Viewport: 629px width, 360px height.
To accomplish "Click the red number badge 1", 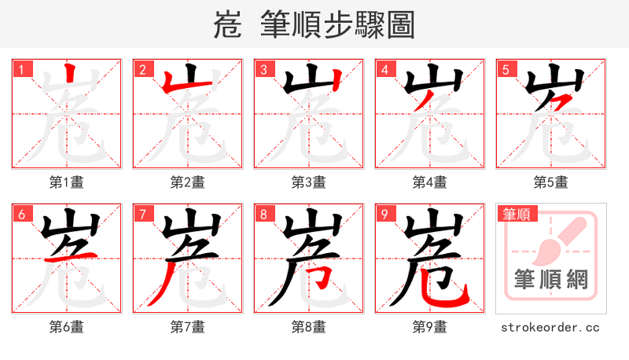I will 21,70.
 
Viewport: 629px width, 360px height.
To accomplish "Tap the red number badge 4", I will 384,70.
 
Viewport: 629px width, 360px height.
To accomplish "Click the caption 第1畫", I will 67,182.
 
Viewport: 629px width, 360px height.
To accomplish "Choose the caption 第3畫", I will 309,182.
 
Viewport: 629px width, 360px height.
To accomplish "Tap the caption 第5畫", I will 551,182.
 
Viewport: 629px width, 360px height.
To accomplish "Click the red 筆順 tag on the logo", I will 516,214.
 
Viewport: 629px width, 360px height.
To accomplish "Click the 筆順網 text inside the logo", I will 550,280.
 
